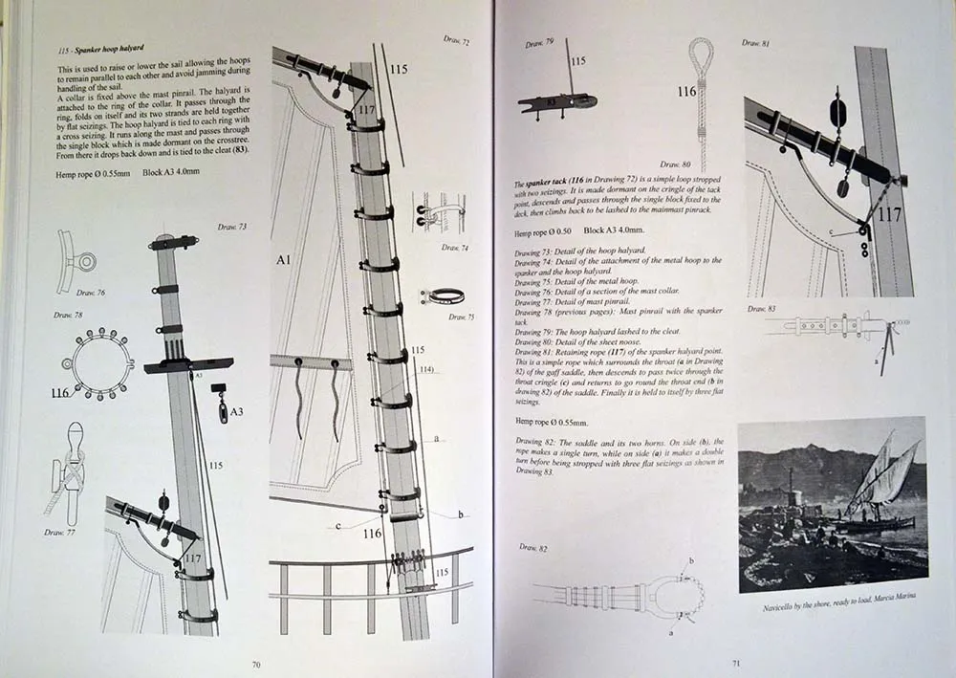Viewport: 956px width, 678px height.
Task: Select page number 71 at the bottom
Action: (x=736, y=661)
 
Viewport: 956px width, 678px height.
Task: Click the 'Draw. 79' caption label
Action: (x=540, y=44)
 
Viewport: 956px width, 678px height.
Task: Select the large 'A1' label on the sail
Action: (x=285, y=258)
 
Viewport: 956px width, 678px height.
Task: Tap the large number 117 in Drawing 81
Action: (x=889, y=215)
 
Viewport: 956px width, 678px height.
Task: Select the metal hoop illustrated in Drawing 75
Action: (x=441, y=296)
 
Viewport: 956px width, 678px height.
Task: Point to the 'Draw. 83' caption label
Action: (x=762, y=309)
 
